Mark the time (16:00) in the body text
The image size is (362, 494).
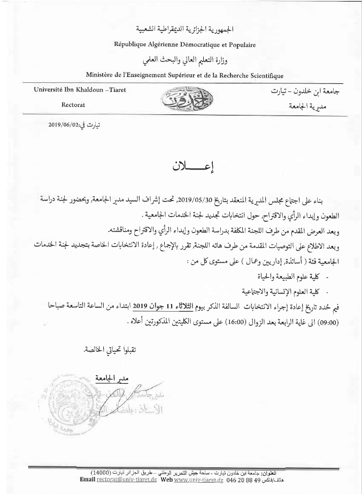click(224, 323)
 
